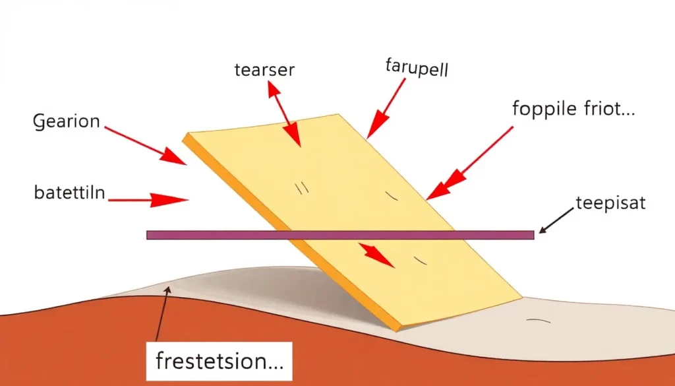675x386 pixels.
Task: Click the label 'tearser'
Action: pos(264,70)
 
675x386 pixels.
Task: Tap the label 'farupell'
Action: pos(417,68)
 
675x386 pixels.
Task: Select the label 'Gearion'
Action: pos(67,121)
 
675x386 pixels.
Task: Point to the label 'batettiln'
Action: pos(69,192)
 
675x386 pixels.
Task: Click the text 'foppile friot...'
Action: pos(573,108)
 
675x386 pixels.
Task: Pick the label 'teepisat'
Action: pos(610,203)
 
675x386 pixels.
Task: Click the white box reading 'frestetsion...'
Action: pos(219,361)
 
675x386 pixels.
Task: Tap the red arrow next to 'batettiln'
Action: pos(148,200)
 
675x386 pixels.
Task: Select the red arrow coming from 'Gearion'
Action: pos(146,146)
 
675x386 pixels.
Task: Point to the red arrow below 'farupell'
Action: pos(386,109)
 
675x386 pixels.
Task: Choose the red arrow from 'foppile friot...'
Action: pos(469,163)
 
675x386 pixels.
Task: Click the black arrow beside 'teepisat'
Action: pos(556,220)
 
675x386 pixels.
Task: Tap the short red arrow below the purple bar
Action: pos(376,255)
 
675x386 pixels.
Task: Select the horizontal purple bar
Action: pos(340,235)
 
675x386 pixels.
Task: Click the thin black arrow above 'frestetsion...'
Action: pos(162,314)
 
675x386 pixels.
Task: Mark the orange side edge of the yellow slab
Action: pos(291,233)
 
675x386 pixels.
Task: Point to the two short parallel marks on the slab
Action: pos(302,188)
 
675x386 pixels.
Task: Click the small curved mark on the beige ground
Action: pos(538,321)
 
